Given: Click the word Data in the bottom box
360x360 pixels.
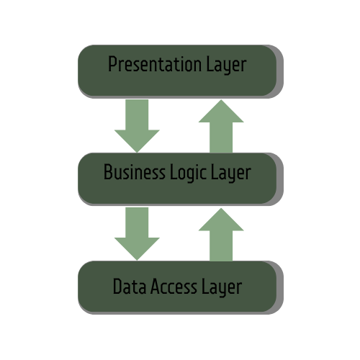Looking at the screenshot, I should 128,287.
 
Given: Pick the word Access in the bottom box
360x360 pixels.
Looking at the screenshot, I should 172,287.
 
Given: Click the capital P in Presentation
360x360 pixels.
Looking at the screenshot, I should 112,65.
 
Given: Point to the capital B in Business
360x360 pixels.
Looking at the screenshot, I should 108,173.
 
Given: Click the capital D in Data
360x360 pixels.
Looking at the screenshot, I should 117,287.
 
